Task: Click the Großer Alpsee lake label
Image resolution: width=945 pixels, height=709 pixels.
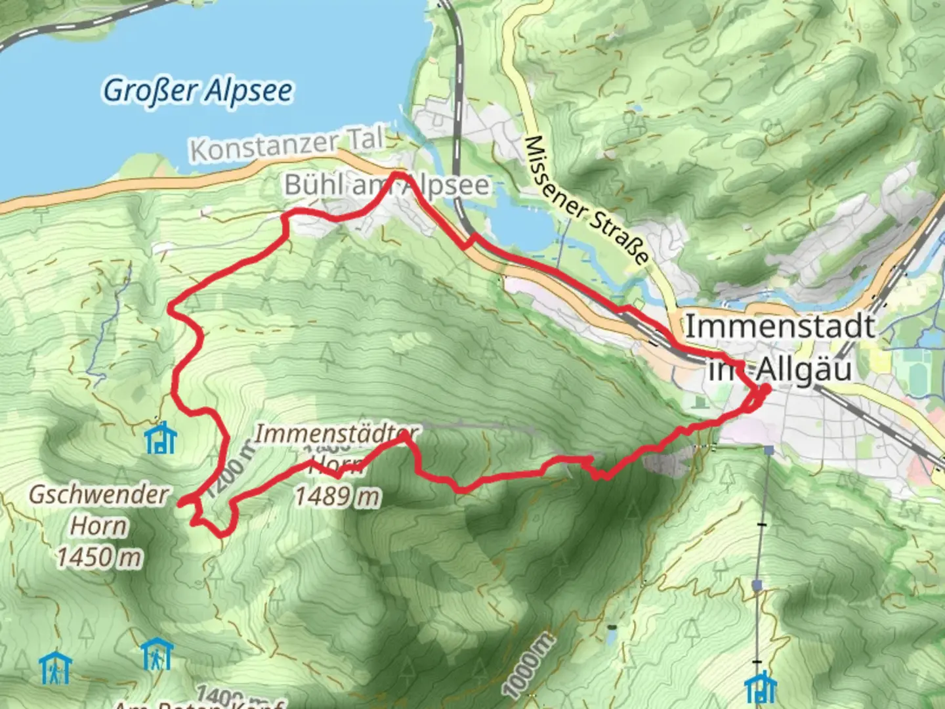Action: coord(198,90)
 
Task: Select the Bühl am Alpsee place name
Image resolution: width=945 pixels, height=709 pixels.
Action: coord(387,186)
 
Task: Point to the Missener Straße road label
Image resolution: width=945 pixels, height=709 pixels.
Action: coord(588,200)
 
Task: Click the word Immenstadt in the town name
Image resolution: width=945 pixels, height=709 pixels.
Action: coord(780,326)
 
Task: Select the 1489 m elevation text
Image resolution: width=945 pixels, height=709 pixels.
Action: coord(336,496)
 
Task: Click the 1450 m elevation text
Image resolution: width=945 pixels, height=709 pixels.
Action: coord(98,557)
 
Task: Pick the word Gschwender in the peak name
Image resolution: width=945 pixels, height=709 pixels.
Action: coord(98,494)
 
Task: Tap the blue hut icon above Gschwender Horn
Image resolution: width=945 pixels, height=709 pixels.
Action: coord(160,438)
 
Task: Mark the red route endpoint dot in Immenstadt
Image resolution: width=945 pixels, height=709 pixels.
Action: coord(765,388)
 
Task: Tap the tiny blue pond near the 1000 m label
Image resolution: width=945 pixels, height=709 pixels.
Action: coord(612,635)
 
